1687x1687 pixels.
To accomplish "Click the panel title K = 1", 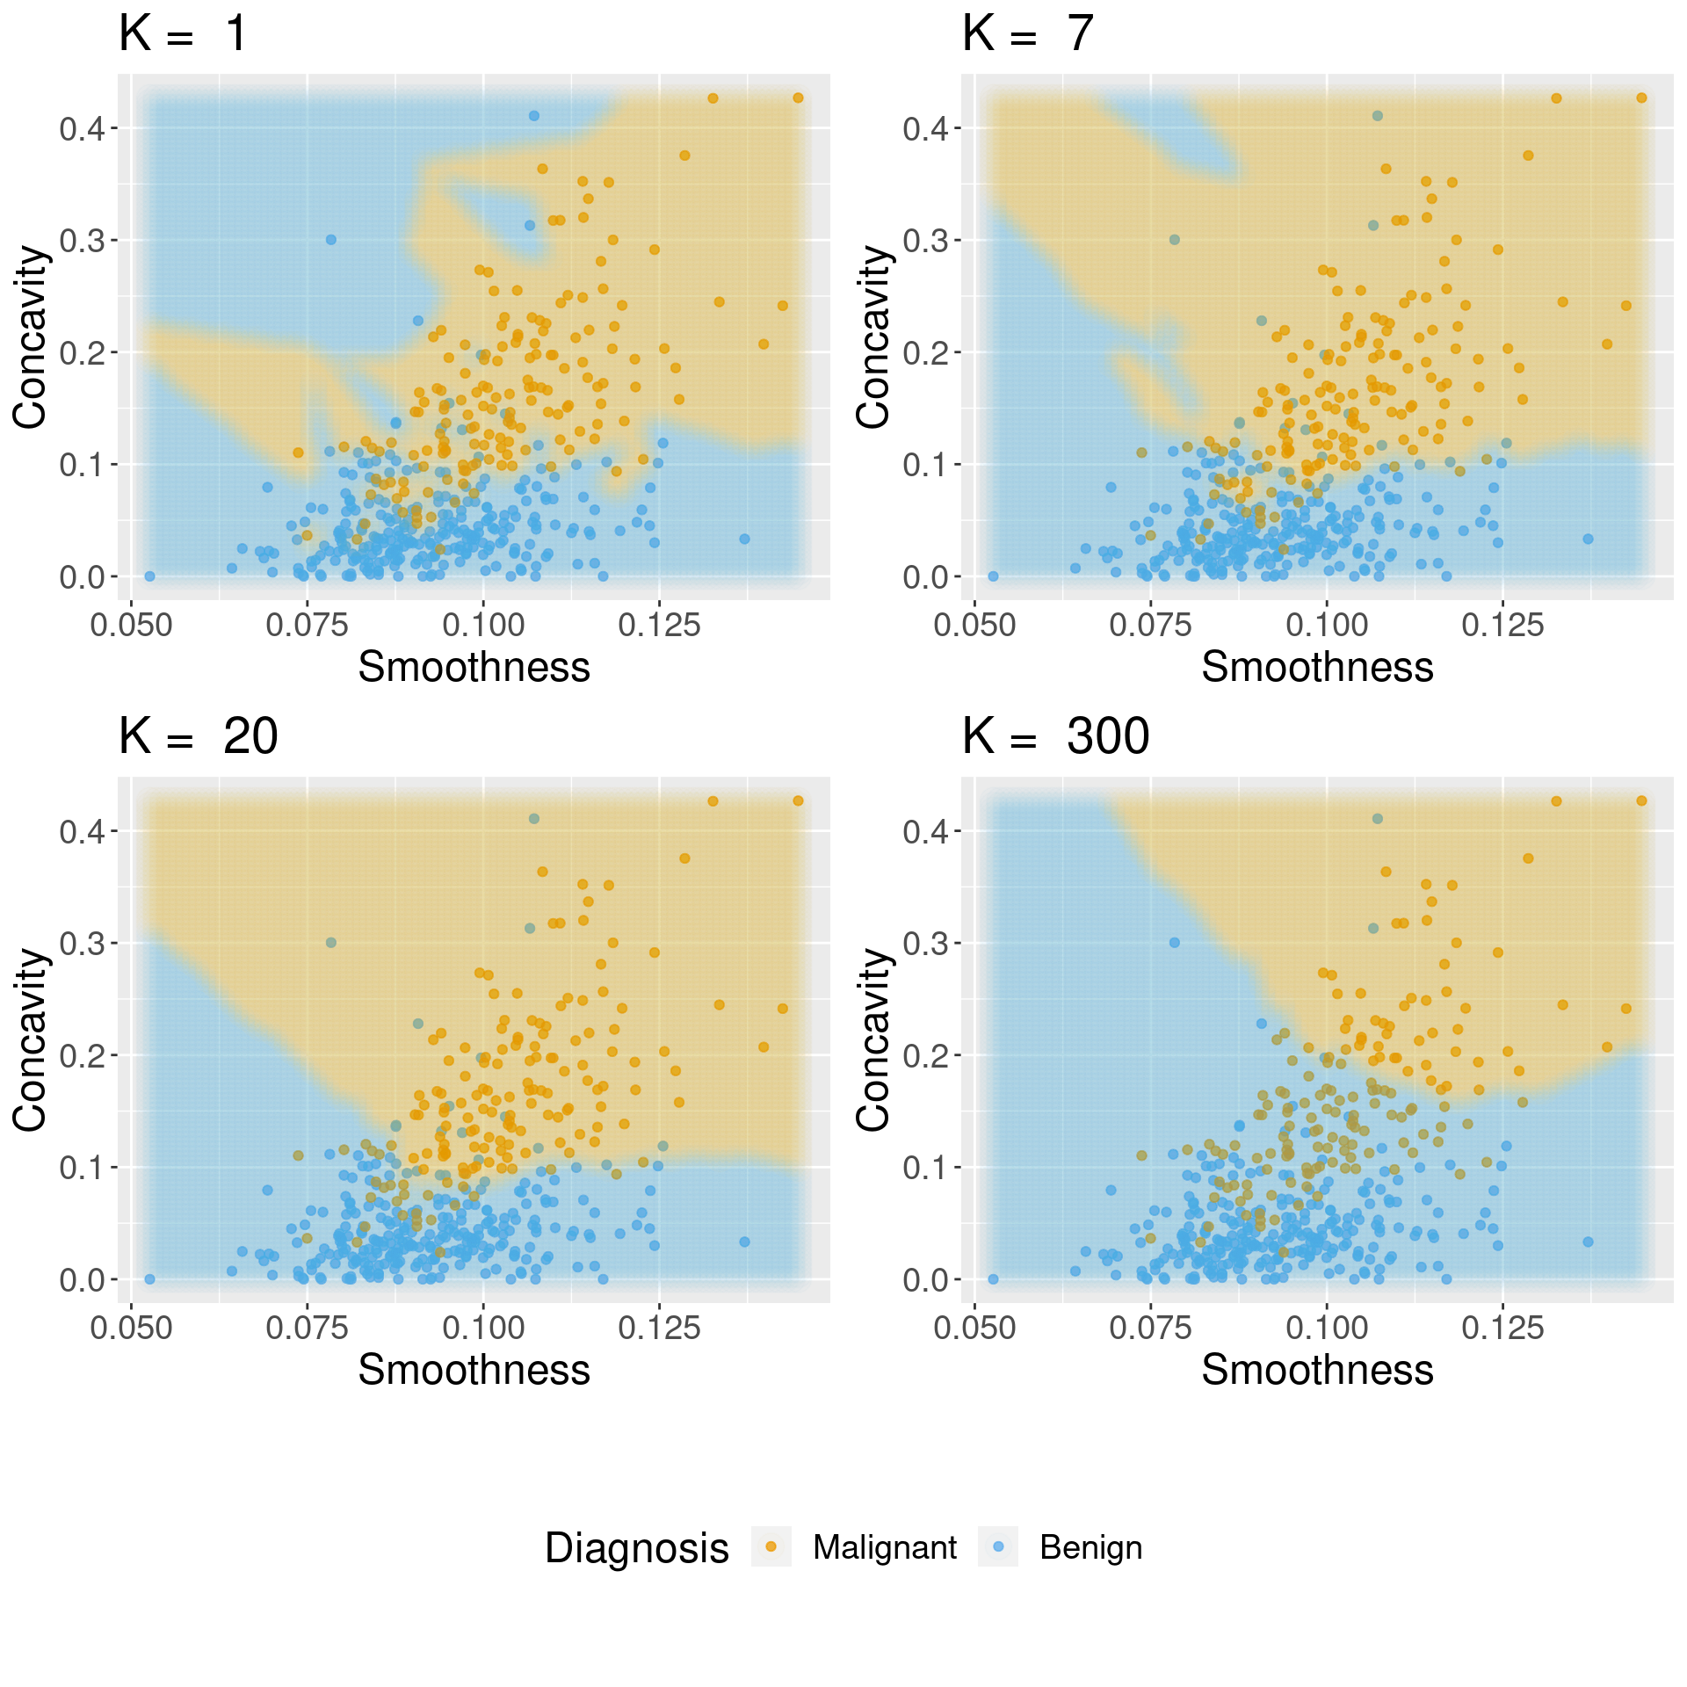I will [183, 35].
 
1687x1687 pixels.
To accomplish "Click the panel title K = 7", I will [1027, 35].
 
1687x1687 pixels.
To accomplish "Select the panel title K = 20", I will [198, 737].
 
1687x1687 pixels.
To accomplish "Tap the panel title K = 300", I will [1055, 737].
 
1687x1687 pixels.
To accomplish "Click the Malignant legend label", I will [884, 1547].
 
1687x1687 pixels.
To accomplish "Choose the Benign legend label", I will [1090, 1547].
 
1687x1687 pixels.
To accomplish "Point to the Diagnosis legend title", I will [636, 1548].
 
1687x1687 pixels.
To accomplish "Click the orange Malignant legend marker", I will [771, 1546].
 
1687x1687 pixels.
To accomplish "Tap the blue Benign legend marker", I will [998, 1546].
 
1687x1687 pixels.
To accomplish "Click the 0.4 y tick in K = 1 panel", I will [82, 129].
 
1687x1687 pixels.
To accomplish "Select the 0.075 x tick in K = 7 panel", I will [1150, 626].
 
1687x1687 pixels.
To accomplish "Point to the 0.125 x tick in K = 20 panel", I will [659, 1329].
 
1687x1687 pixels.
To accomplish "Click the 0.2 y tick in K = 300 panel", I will [925, 1056].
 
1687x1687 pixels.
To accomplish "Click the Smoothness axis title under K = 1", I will [474, 668].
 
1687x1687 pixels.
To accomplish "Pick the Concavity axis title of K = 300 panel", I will [873, 1039].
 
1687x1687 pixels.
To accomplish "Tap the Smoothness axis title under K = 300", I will [1317, 1371].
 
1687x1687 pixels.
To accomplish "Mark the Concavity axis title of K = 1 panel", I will [30, 337].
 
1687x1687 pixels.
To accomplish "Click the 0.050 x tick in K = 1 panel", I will [132, 626].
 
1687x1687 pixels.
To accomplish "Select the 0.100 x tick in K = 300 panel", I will [1326, 1329].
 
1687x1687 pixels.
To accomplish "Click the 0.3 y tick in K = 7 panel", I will [925, 241].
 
